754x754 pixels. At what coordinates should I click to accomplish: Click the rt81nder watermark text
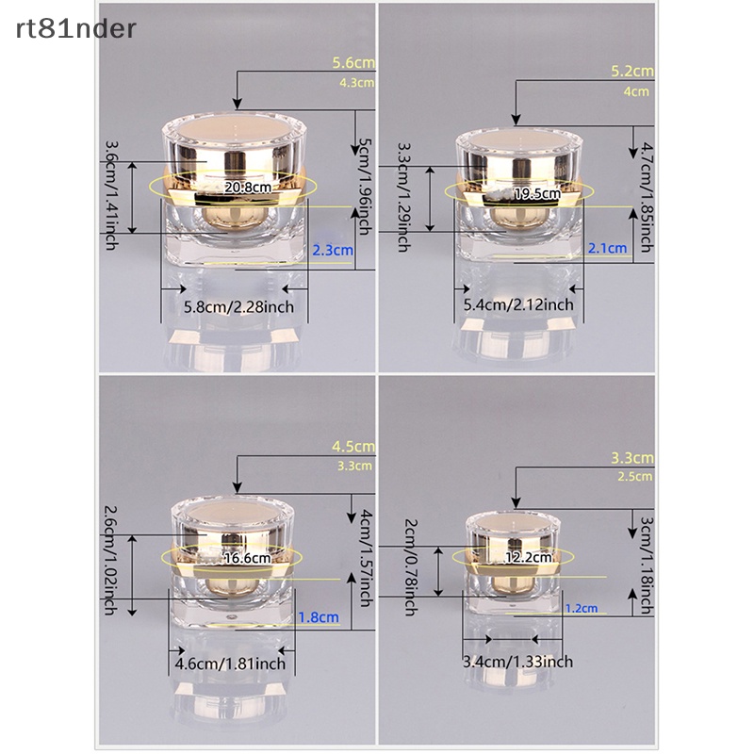(76, 29)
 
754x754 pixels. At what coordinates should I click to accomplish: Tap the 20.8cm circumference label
(248, 187)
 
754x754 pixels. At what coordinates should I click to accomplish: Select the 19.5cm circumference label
(537, 194)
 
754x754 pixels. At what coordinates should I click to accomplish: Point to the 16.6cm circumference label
(248, 558)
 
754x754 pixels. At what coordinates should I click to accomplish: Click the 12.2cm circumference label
(529, 557)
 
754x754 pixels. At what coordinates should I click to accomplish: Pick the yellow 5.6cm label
(353, 62)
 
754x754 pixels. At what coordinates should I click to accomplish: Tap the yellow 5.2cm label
(632, 72)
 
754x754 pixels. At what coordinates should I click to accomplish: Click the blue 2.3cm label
(333, 250)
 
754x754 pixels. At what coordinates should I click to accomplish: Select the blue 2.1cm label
(608, 248)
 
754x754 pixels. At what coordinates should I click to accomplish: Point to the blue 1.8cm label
(319, 617)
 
